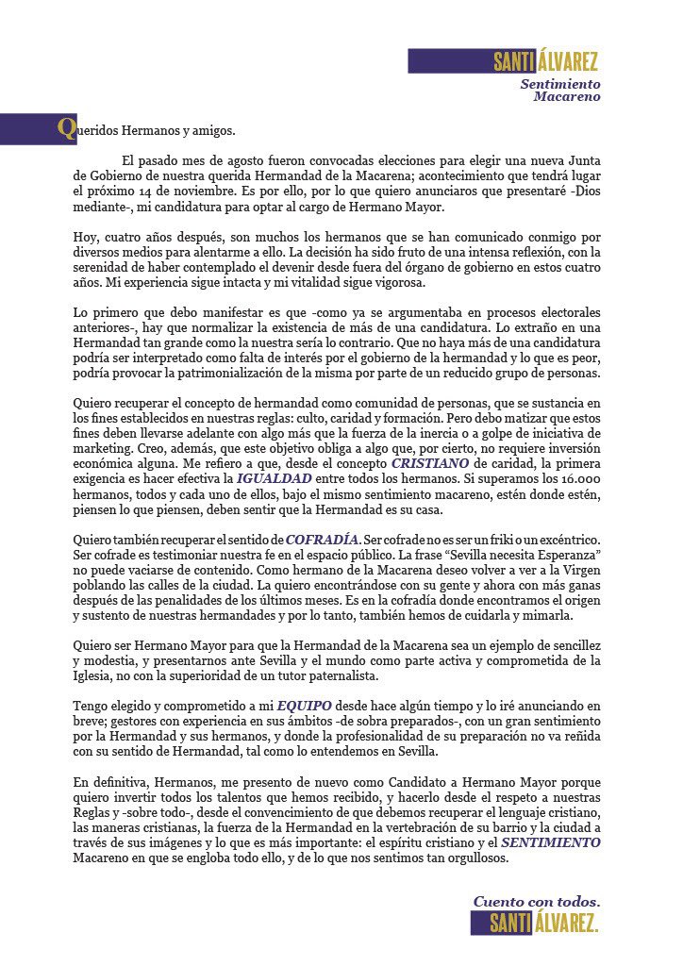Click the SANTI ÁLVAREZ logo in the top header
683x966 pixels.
[x=545, y=62]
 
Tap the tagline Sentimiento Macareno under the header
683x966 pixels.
[x=560, y=90]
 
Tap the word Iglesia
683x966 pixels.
[x=99, y=676]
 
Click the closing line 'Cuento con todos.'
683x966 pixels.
[x=536, y=901]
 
